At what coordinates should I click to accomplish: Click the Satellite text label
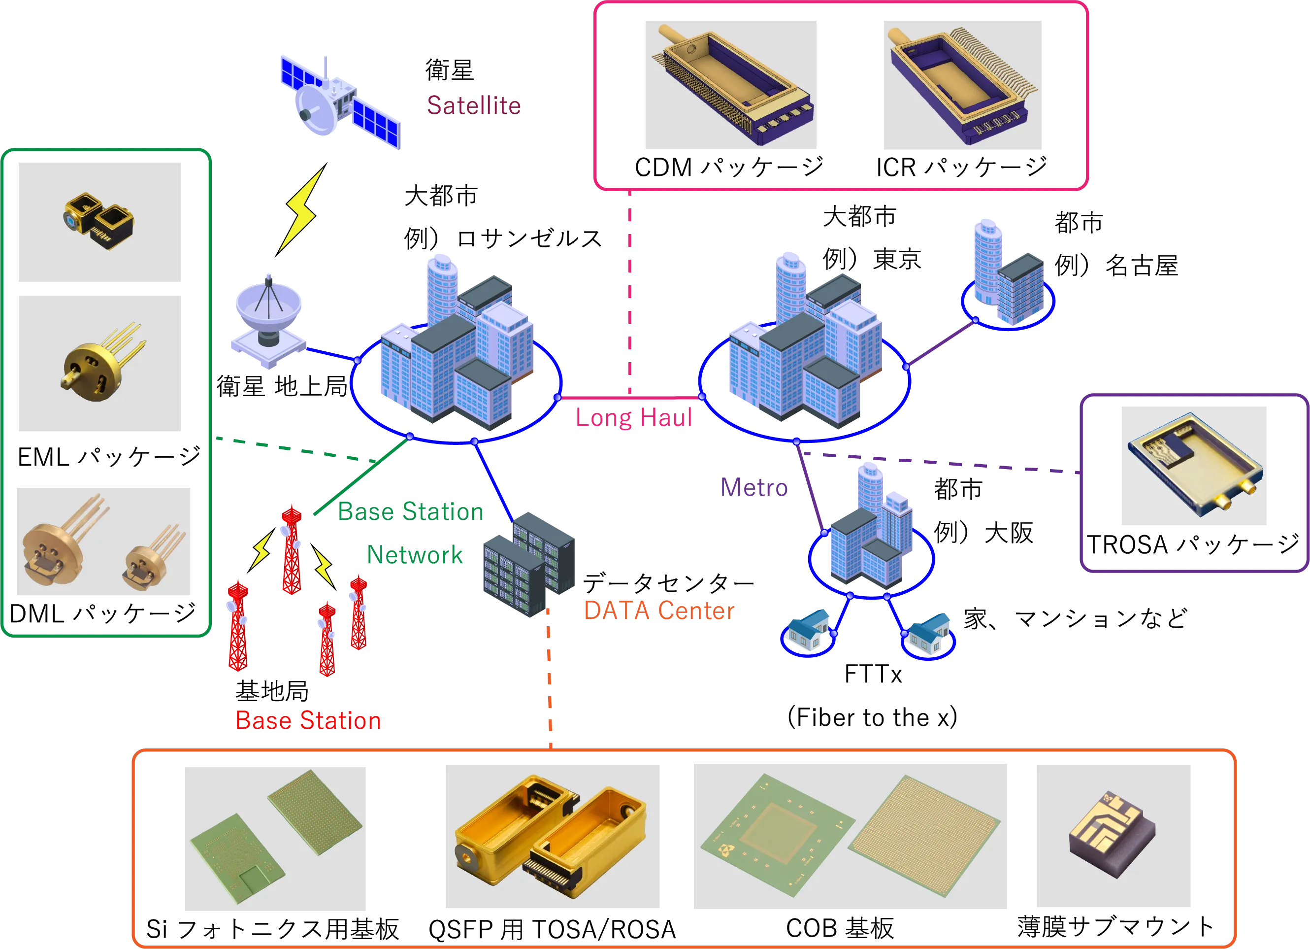[474, 104]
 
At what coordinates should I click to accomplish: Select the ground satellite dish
[267, 321]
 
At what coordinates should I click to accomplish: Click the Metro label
[754, 487]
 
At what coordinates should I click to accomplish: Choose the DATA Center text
[659, 611]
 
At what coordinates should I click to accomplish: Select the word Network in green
[415, 554]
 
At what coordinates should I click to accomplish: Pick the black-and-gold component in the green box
[98, 221]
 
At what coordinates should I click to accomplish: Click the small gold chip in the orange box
[1112, 835]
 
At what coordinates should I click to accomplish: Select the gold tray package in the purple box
[1193, 467]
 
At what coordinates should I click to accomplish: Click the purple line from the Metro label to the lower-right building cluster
[810, 491]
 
